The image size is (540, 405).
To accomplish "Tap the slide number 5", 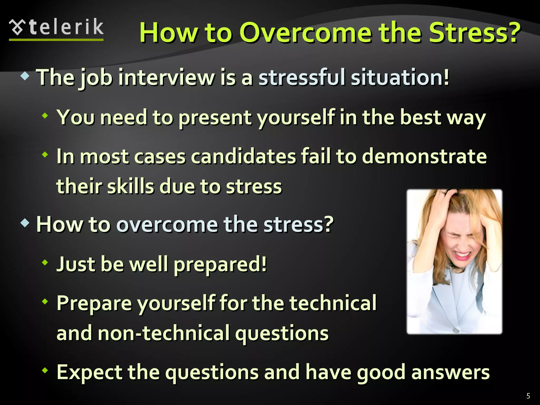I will coord(528,396).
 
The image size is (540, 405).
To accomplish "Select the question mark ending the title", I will coord(513,33).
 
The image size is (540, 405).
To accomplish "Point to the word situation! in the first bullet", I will coord(400,78).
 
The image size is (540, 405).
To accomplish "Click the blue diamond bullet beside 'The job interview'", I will coord(25,77).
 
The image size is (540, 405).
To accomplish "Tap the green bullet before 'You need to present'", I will coord(45,115).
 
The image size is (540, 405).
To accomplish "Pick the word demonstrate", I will coord(424,157).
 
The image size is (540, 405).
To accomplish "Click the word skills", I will coord(131,186).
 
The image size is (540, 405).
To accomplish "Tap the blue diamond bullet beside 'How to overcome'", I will coord(25,223).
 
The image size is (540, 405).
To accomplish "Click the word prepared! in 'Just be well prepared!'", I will coord(220,265).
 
